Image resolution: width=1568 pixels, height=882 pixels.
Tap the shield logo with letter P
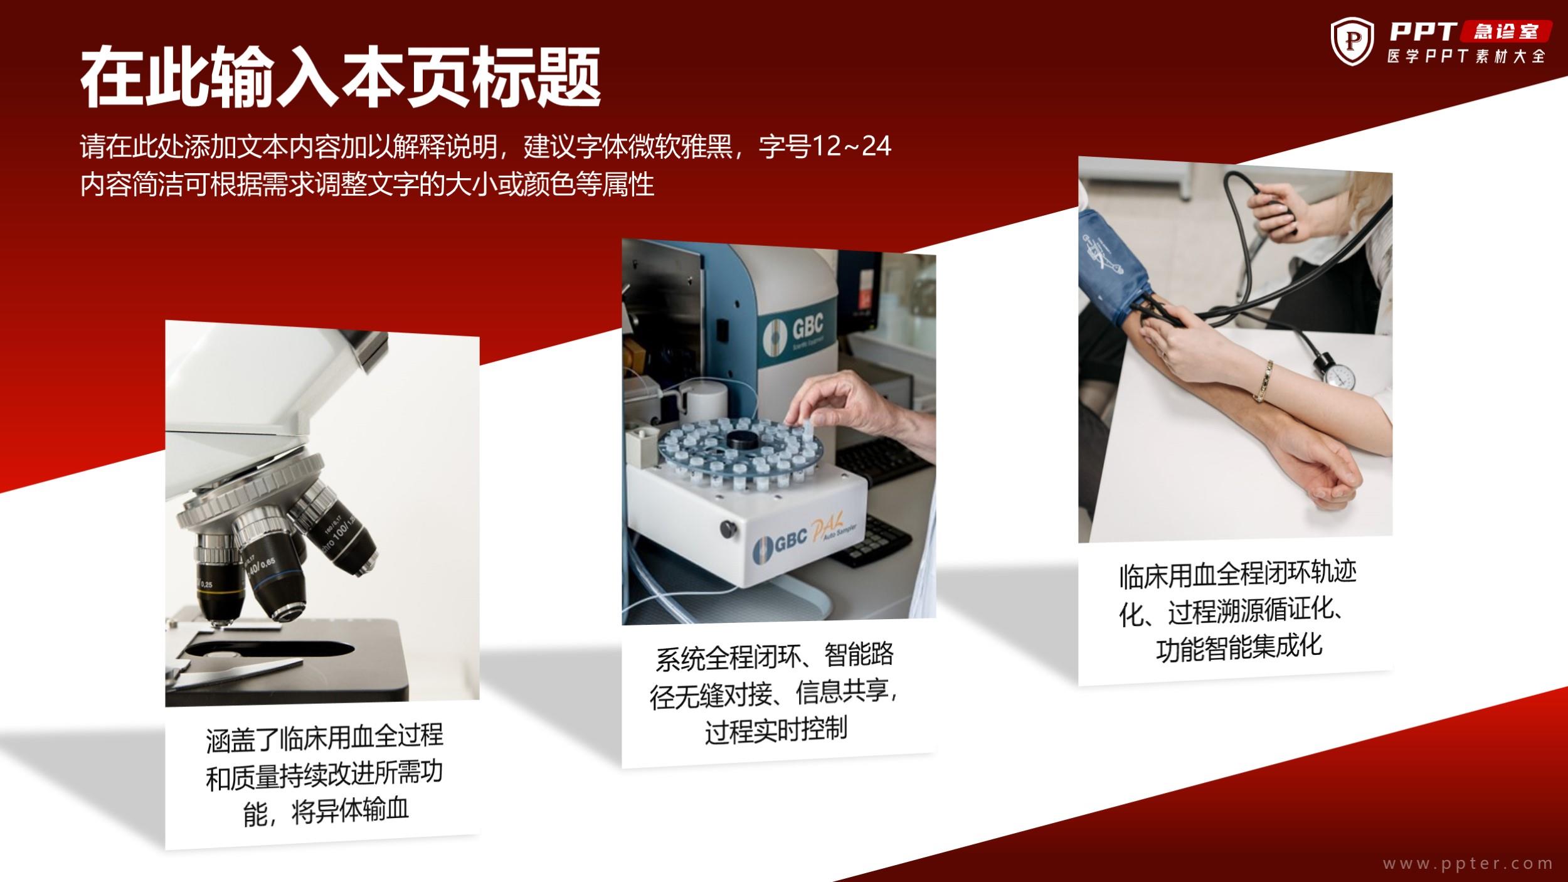(x=1352, y=42)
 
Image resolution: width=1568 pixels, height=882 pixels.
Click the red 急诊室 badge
(x=1506, y=31)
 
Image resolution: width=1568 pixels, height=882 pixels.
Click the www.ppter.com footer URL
(x=1467, y=864)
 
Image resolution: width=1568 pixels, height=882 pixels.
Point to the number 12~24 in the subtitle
(x=852, y=147)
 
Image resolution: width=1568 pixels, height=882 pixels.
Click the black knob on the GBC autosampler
(x=728, y=528)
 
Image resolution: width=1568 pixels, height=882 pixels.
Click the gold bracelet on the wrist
(x=1263, y=381)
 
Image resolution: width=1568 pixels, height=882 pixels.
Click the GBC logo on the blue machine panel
(x=794, y=332)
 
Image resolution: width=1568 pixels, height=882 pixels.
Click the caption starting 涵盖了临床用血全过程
(x=324, y=775)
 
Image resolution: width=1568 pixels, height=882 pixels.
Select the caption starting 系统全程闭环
(x=775, y=693)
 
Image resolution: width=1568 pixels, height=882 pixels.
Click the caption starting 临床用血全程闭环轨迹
(x=1237, y=610)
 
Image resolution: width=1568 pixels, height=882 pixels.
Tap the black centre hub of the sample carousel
(x=742, y=440)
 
